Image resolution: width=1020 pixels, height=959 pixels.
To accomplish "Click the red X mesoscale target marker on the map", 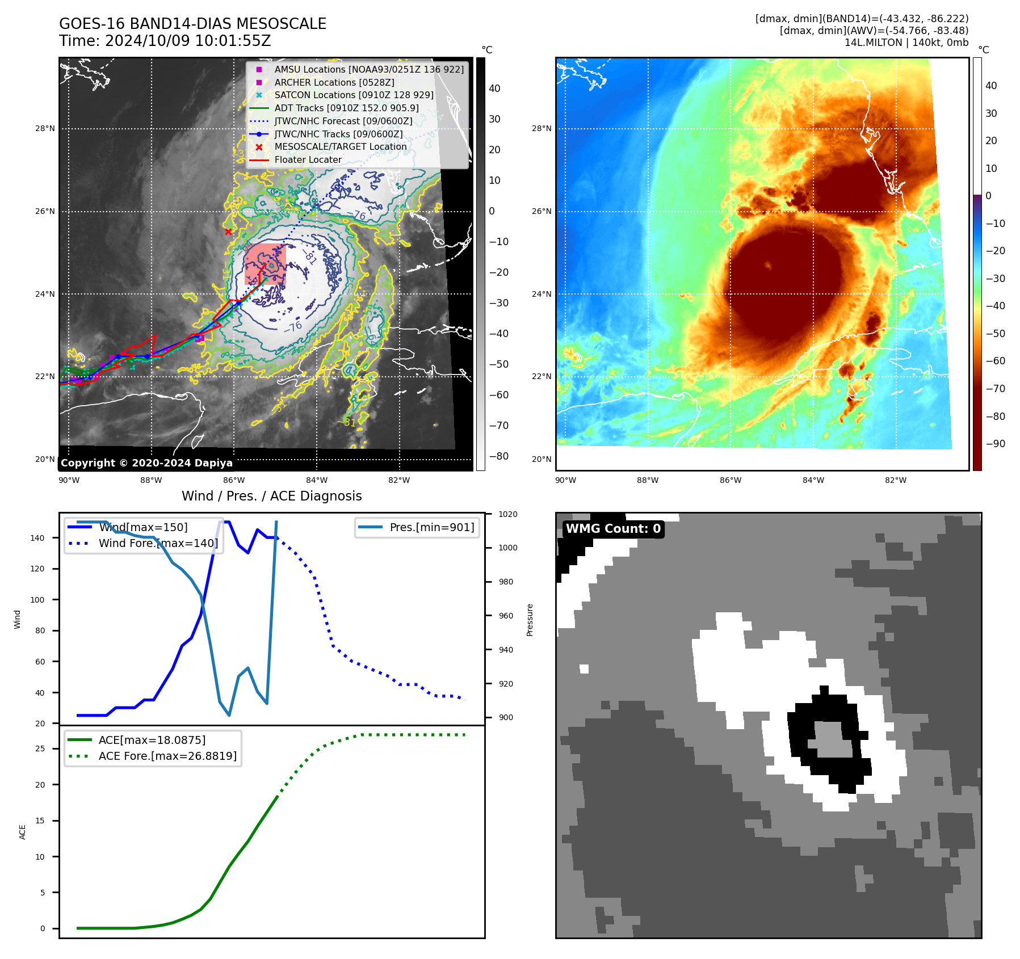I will point(228,232).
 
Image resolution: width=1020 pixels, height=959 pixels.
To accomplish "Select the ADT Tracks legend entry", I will point(346,108).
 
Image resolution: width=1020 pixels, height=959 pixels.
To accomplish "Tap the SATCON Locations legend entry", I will point(354,95).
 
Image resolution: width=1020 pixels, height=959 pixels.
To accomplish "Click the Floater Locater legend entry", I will point(308,159).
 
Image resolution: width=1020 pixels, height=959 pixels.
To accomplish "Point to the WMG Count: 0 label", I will point(613,529).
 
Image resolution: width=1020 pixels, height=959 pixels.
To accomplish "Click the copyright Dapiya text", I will point(146,463).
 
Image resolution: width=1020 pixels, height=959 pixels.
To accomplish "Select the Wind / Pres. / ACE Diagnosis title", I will point(271,496).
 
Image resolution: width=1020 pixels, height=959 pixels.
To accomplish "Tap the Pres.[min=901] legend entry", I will point(431,527).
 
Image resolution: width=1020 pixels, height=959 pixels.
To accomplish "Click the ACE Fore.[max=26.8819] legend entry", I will point(167,756).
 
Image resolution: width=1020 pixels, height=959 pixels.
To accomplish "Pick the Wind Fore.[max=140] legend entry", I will point(158,543).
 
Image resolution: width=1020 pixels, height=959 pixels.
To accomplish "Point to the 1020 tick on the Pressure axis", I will point(507,514).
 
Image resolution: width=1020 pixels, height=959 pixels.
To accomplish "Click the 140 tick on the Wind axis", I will point(37,538).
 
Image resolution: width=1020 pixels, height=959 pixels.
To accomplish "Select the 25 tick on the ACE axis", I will point(40,749).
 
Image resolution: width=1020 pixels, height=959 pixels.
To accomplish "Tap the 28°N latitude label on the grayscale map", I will point(45,129).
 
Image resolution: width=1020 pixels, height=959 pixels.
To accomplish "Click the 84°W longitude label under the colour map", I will point(813,480).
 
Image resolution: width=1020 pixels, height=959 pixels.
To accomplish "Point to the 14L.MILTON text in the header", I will point(873,43).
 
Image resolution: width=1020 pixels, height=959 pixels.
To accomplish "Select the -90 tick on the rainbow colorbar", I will point(995,444).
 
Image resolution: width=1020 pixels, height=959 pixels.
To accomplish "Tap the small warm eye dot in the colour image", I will point(768,265).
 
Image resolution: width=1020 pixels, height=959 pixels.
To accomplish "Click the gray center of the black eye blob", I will point(832,739).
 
